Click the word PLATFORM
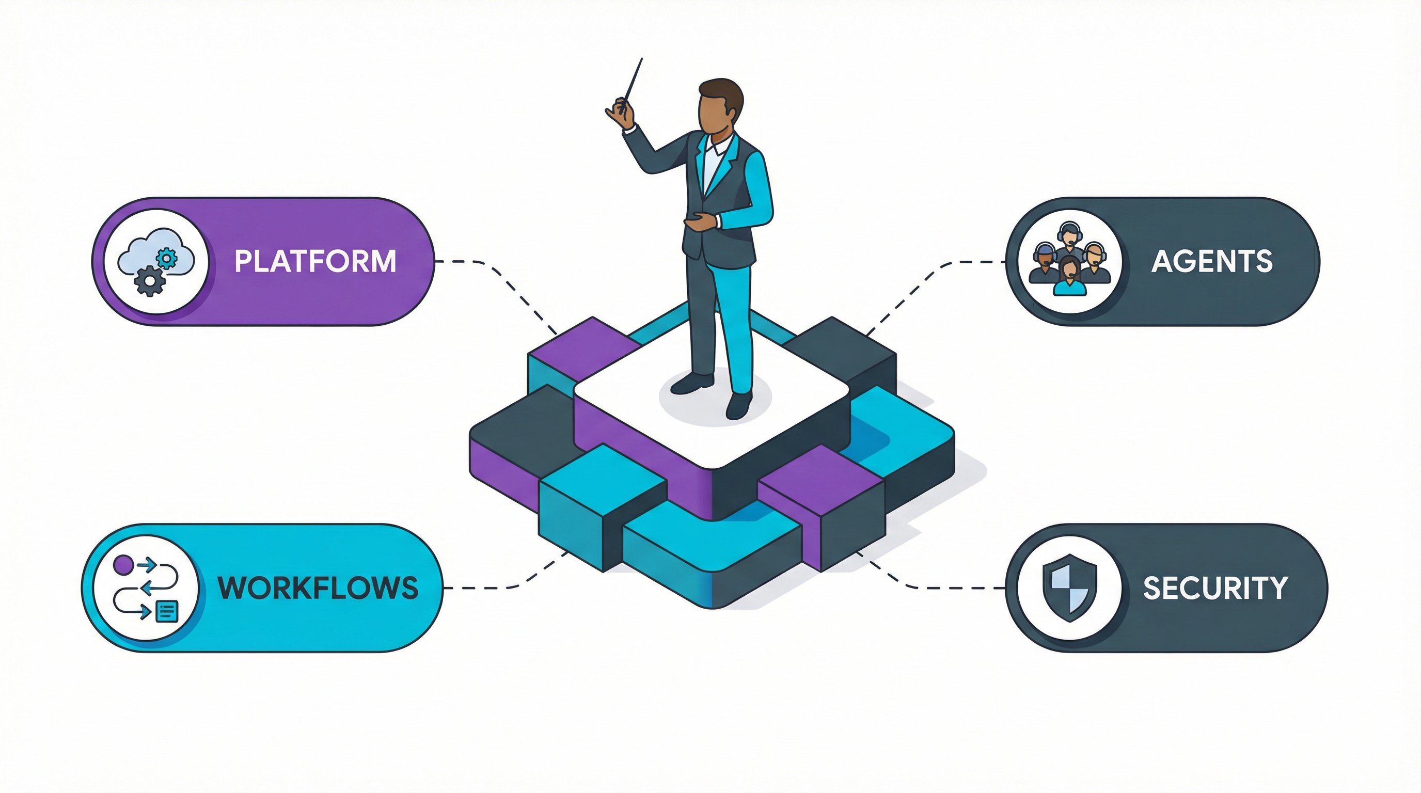315,261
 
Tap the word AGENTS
1211,261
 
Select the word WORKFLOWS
318,588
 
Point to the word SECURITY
1214,588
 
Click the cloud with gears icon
156,261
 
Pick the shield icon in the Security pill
1069,588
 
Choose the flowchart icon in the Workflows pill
146,588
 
